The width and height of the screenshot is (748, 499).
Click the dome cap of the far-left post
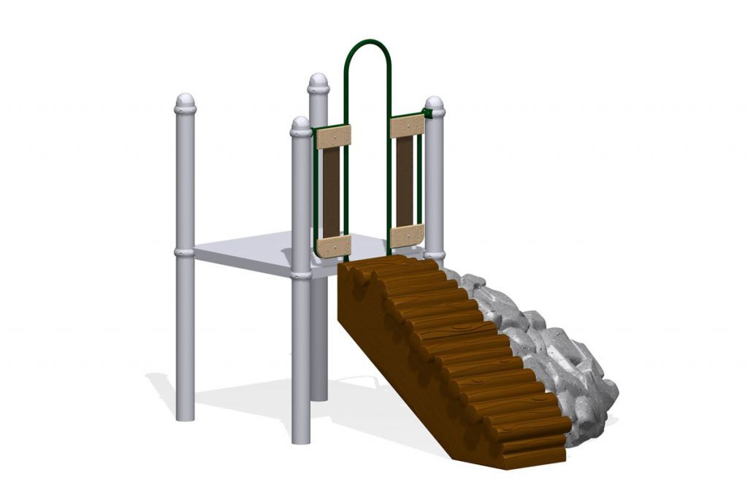pyautogui.click(x=186, y=102)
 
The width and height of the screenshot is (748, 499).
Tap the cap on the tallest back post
pyautogui.click(x=318, y=82)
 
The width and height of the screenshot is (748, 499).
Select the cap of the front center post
pyautogui.click(x=301, y=126)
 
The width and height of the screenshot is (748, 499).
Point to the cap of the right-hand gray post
pyautogui.click(x=435, y=105)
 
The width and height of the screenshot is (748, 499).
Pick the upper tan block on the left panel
pyautogui.click(x=333, y=137)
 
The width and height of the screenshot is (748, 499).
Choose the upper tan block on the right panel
pyautogui.click(x=408, y=126)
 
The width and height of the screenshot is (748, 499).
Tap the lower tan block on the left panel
pyautogui.click(x=334, y=245)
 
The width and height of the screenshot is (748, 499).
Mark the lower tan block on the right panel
pyautogui.click(x=408, y=235)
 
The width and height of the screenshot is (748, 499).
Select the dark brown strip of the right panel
pyautogui.click(x=405, y=181)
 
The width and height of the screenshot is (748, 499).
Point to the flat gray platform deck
pyautogui.click(x=241, y=252)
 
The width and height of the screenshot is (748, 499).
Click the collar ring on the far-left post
pyautogui.click(x=185, y=252)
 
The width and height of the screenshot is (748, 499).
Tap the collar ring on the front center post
pyautogui.click(x=301, y=275)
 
